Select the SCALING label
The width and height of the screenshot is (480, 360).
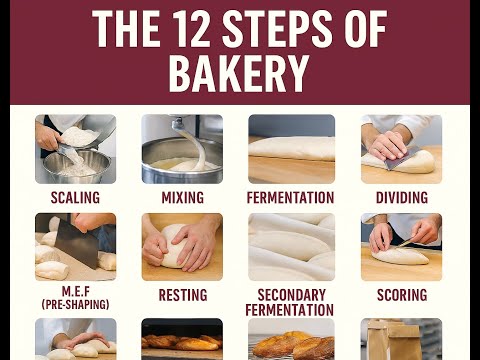[x=75, y=197]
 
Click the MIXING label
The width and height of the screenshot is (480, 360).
[x=182, y=197]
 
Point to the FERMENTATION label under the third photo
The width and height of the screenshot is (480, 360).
[x=290, y=197]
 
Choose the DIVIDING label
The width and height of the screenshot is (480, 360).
[x=402, y=197]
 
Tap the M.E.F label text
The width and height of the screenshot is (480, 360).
[x=75, y=290]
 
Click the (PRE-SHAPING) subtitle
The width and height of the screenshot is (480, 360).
[x=75, y=303]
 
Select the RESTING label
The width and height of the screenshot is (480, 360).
[x=182, y=296]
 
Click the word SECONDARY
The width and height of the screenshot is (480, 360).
[x=290, y=296]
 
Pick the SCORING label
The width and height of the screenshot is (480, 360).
[x=402, y=296]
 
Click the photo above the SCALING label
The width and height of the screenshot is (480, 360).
[x=75, y=149]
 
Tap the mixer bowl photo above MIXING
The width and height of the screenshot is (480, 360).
[x=182, y=149]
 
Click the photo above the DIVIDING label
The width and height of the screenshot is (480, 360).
[x=402, y=149]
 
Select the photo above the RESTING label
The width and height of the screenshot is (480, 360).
[x=182, y=246]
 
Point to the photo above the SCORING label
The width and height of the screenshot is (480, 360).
[x=402, y=246]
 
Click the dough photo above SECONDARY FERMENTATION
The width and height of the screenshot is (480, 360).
[x=290, y=246]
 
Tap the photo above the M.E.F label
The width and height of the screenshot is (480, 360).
[x=75, y=246]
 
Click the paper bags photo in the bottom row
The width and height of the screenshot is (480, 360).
[x=402, y=339]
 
